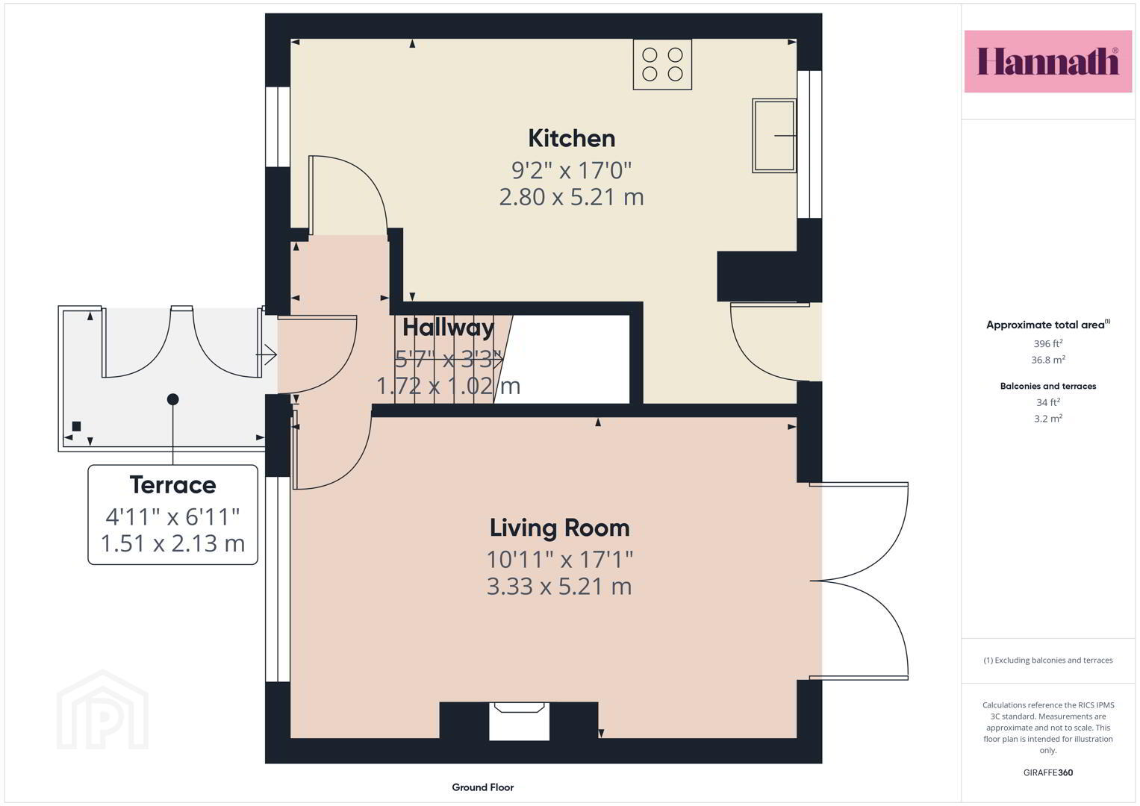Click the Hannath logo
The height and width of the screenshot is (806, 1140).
tap(1048, 61)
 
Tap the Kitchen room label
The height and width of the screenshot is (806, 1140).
tap(572, 138)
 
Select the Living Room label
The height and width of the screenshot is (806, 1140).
tap(559, 528)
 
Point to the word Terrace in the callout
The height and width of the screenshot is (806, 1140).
tap(173, 484)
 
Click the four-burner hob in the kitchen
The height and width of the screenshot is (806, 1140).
tap(662, 65)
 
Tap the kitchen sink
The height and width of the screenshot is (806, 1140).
tap(774, 135)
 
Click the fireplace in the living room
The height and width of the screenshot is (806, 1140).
tap(519, 720)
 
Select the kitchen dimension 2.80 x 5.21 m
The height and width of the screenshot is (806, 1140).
tap(572, 197)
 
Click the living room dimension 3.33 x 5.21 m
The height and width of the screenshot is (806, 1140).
tap(559, 587)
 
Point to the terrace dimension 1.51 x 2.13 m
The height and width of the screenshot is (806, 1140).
tap(173, 543)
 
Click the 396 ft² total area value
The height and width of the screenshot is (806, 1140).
tap(1048, 343)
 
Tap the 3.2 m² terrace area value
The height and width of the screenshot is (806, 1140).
tap(1048, 419)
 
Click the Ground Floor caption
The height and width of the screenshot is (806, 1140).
tap(483, 787)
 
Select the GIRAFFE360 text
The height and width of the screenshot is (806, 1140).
tap(1048, 772)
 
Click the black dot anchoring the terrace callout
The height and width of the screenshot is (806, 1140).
tap(173, 399)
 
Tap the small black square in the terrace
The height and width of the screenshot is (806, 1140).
tap(76, 426)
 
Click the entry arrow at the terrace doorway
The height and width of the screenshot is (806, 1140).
tap(267, 354)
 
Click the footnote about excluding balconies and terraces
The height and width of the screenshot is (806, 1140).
tap(1048, 660)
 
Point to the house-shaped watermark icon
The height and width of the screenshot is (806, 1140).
tap(102, 710)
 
